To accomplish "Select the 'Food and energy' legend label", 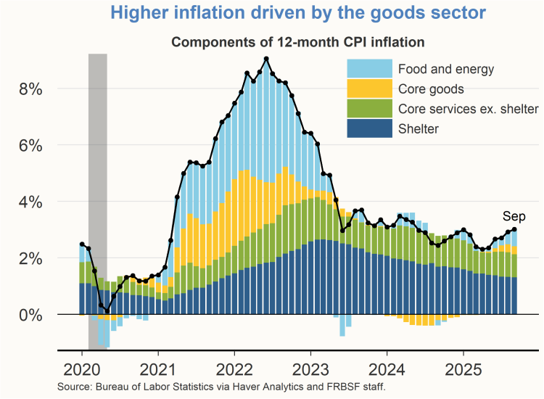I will (x=445, y=70).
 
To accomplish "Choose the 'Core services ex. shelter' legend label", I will (x=468, y=110).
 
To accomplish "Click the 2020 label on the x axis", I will (x=81, y=366).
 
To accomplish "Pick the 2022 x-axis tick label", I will (x=234, y=366).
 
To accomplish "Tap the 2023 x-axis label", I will (x=310, y=366).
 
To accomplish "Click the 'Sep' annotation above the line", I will (x=514, y=216).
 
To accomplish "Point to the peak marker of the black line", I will (x=267, y=59).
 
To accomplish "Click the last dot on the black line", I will (x=515, y=229).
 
